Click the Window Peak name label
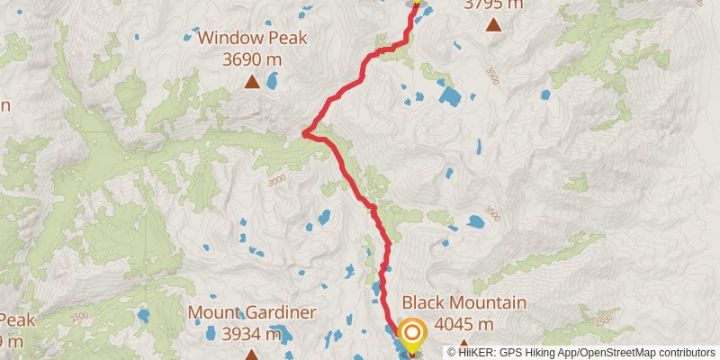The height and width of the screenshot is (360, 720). [253, 38]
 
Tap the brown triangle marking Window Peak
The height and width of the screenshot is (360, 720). [252, 83]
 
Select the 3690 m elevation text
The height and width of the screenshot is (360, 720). [253, 60]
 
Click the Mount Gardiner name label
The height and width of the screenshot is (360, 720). [252, 313]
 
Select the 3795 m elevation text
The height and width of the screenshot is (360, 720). [493, 4]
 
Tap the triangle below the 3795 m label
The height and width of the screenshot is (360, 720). [493, 24]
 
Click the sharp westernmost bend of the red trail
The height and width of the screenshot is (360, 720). [304, 134]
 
